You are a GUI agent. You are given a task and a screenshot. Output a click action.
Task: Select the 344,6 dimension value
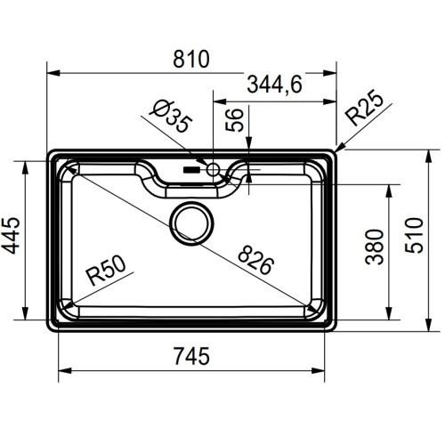272,85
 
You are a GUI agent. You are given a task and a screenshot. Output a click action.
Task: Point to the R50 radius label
105,271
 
